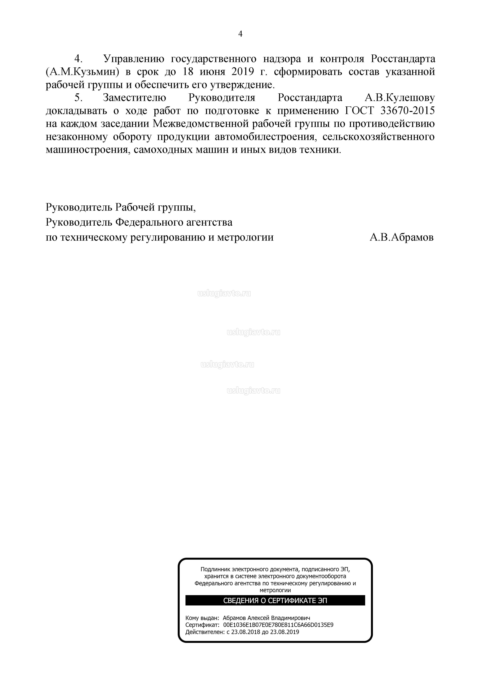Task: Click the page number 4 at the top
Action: click(240, 34)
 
